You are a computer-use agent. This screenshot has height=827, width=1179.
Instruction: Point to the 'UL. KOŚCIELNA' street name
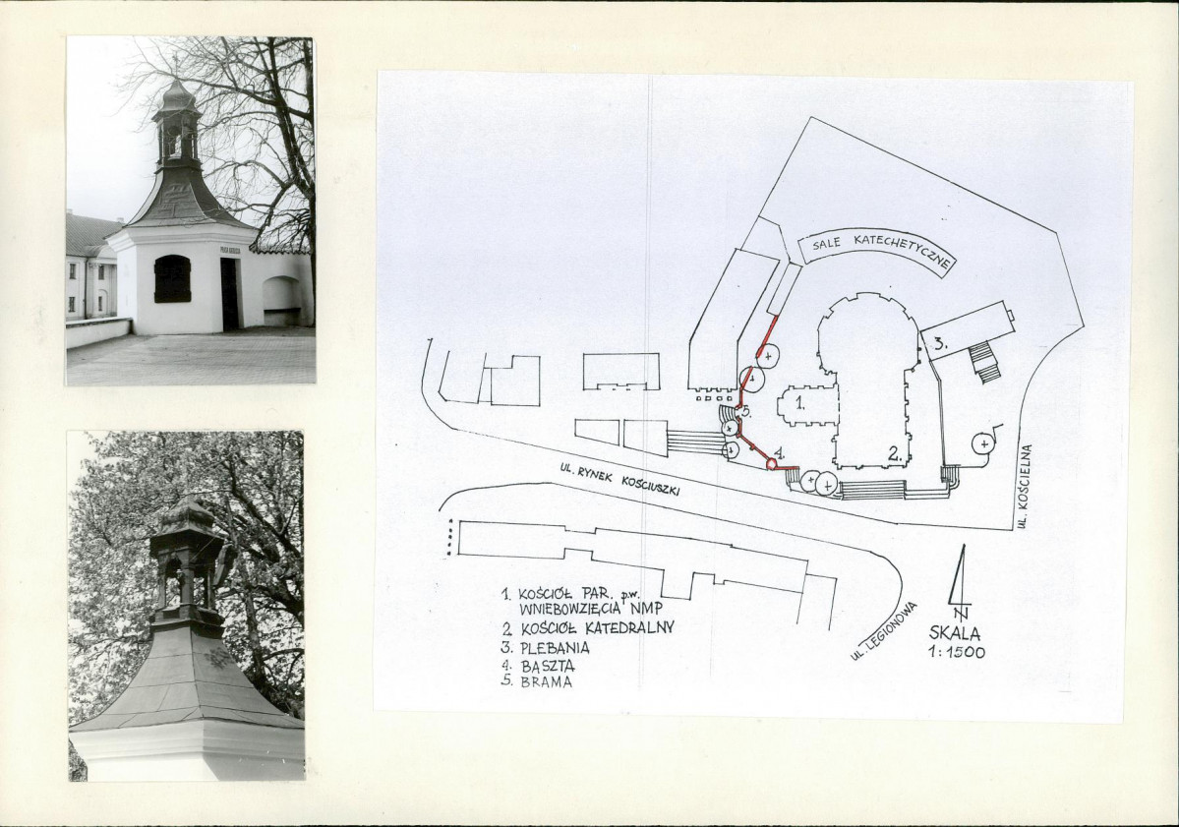[1027, 486]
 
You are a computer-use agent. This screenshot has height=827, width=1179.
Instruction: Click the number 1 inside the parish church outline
[800, 402]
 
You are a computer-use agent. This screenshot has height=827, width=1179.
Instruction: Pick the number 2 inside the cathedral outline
[895, 453]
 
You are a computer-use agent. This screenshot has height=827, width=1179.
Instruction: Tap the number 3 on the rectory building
[940, 346]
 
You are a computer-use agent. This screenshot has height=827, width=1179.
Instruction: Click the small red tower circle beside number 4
[772, 464]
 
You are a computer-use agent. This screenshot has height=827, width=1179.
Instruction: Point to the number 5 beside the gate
[745, 412]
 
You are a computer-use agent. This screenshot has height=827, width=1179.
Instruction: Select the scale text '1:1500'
[957, 652]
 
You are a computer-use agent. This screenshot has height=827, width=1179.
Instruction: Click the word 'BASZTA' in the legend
[547, 666]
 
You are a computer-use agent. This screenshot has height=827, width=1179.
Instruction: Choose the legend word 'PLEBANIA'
[555, 647]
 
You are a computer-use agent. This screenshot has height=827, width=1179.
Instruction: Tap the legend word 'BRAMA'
[546, 682]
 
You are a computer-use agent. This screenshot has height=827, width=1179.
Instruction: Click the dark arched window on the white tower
[172, 278]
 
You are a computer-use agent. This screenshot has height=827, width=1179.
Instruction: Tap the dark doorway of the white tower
[229, 294]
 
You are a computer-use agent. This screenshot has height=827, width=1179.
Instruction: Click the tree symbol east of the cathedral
[982, 443]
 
